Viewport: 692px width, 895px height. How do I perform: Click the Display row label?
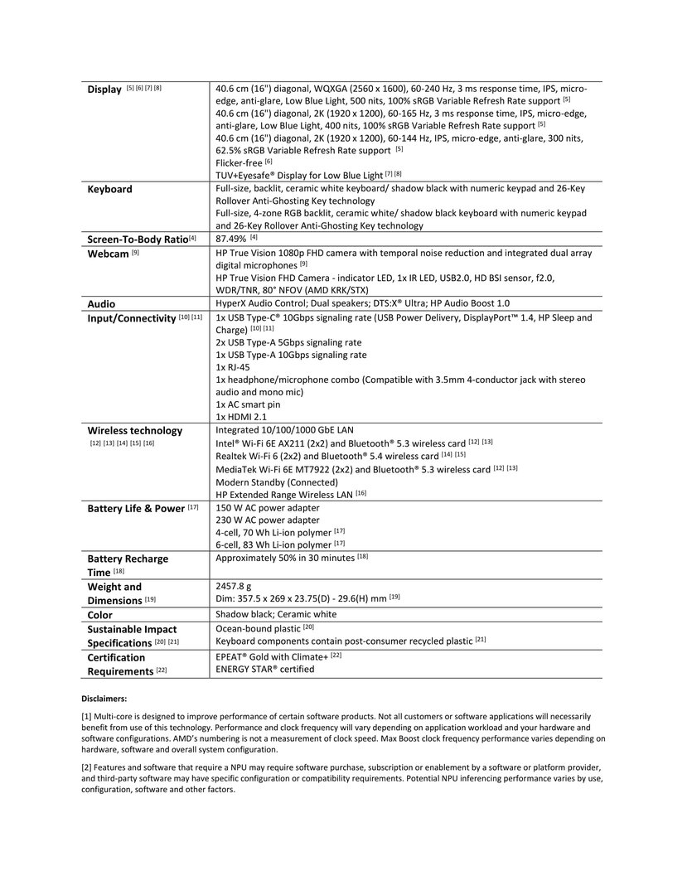tap(105, 89)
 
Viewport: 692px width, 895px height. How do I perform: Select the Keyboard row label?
tap(110, 189)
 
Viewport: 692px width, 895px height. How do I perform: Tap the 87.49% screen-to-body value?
tap(232, 239)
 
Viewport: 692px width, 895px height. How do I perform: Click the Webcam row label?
tap(108, 254)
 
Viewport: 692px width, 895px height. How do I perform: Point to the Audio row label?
tap(102, 304)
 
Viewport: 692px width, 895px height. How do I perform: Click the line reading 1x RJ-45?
tap(233, 367)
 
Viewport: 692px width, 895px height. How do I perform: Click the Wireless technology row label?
tap(135, 431)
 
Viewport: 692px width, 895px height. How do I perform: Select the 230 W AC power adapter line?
tap(267, 520)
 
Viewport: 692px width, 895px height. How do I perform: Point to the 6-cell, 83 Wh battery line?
tap(273, 545)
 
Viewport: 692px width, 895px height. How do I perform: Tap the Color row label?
tap(100, 616)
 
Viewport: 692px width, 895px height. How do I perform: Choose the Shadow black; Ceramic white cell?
tap(276, 615)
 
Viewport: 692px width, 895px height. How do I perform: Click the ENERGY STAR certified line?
tap(265, 669)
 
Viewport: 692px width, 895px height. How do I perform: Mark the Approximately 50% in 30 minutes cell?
tap(286, 558)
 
